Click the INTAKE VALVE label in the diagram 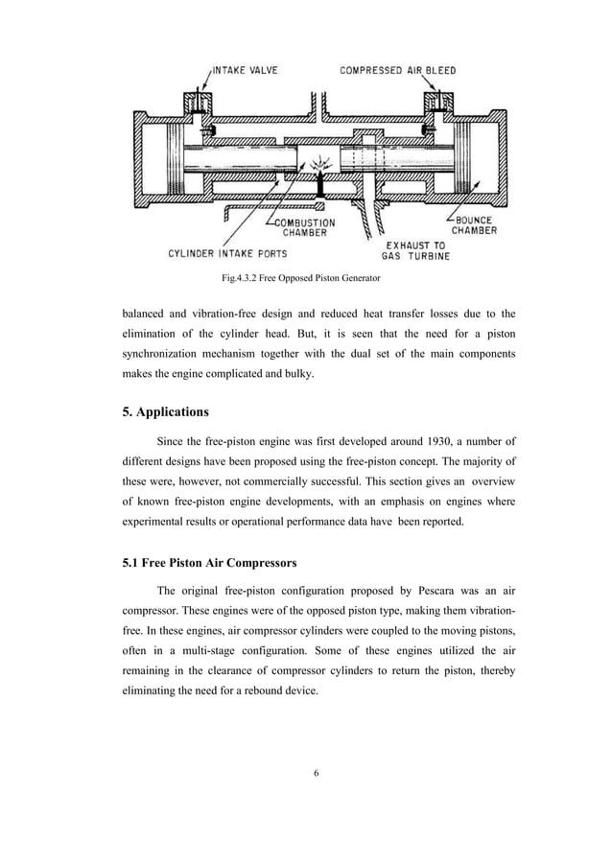click(x=246, y=71)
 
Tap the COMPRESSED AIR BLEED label click(x=398, y=71)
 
